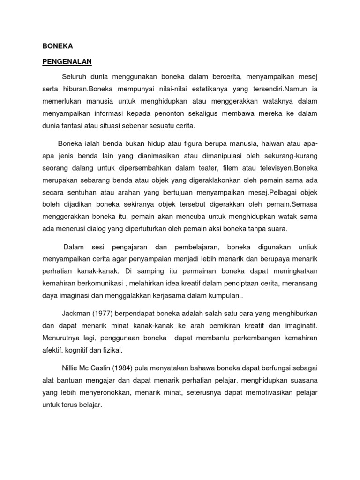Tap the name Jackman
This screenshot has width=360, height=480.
[76, 313]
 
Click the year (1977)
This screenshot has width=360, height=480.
[107, 313]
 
